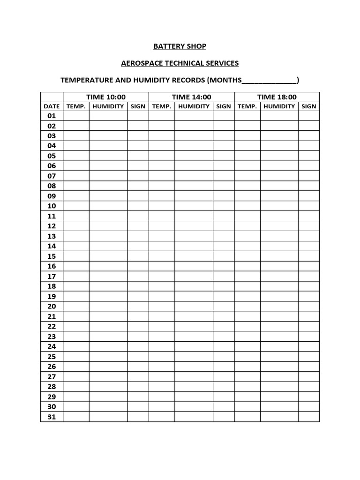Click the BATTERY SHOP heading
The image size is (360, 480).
click(180, 46)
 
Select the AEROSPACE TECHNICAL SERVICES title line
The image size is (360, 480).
click(180, 63)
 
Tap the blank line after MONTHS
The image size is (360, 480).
click(270, 81)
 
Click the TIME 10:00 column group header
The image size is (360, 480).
click(106, 97)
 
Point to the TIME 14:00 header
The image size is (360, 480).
click(191, 97)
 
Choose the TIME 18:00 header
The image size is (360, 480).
click(277, 97)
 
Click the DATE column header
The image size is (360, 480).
click(52, 106)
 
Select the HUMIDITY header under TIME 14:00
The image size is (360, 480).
click(194, 106)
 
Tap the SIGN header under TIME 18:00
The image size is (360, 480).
click(309, 106)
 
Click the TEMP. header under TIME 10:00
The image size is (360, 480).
click(76, 106)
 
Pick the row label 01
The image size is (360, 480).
click(52, 116)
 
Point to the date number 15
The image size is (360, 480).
click(52, 256)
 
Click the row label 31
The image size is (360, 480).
click(52, 417)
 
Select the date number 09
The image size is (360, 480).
click(52, 196)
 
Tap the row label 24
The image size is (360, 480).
click(52, 346)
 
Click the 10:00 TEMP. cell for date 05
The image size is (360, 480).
click(76, 156)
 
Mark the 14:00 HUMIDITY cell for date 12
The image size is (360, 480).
click(194, 226)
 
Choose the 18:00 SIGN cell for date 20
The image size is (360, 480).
click(309, 307)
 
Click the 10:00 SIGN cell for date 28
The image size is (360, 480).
click(138, 387)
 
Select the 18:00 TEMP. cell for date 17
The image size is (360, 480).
click(247, 276)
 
